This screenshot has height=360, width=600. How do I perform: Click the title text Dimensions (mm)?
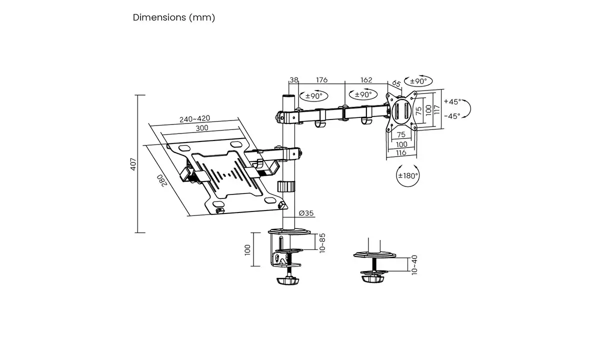coord(173,17)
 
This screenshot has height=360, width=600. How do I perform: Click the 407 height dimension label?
coord(133,164)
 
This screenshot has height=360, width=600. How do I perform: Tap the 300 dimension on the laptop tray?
coord(201,128)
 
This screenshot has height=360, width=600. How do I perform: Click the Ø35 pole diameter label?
coord(306,213)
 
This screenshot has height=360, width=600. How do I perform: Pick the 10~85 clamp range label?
coord(322,242)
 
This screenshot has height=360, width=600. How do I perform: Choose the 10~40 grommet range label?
coord(413,264)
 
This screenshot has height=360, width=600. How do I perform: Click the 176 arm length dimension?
coord(321,80)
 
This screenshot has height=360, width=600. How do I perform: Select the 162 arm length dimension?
coord(366,80)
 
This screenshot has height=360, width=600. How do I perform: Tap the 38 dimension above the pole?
coord(294,80)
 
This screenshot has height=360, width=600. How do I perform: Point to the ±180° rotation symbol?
coord(408,176)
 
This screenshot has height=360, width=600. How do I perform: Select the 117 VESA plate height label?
coord(436,109)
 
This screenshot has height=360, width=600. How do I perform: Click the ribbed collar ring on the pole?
coord(286,186)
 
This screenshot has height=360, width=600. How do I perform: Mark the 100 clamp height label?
coord(247,249)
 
